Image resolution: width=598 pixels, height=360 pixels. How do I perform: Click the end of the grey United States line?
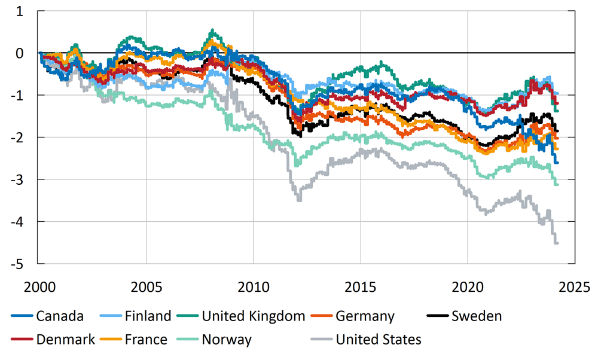[x=557, y=243]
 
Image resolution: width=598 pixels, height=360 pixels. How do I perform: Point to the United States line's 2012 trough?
[x=299, y=199]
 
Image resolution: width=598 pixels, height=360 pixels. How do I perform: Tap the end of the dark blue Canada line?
[x=557, y=162]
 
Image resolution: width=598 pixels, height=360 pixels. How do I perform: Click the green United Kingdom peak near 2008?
[x=211, y=30]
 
